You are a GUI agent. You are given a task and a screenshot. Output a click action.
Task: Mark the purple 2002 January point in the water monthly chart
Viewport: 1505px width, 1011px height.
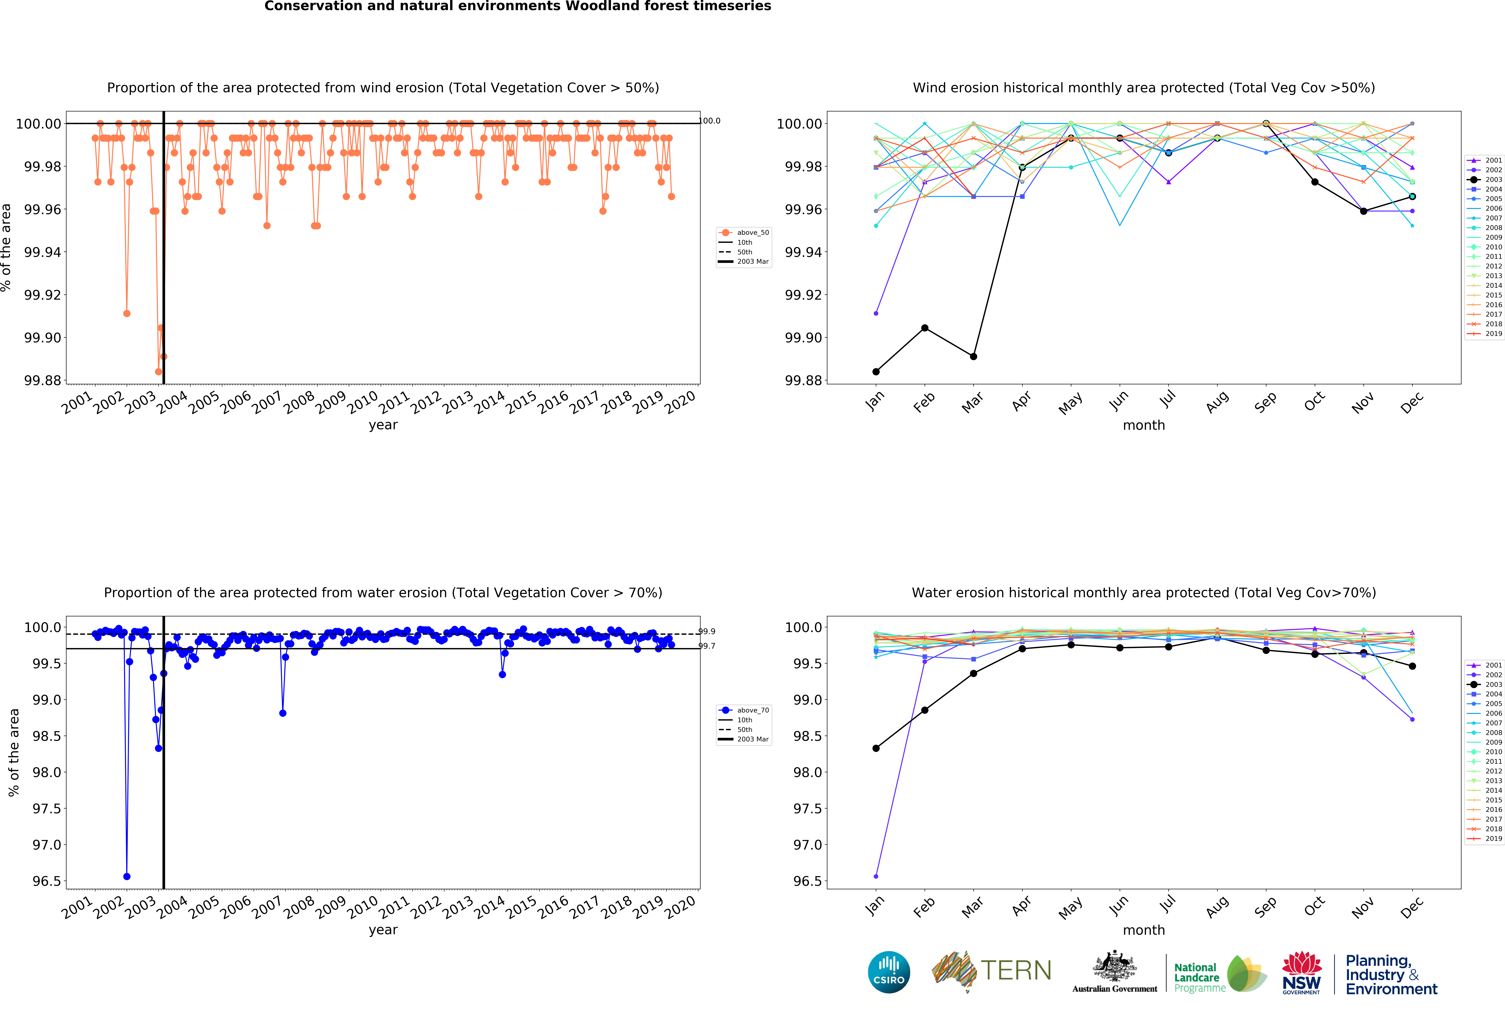coord(876,876)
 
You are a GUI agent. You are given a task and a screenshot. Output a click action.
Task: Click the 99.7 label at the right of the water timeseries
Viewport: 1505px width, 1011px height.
coord(707,646)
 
